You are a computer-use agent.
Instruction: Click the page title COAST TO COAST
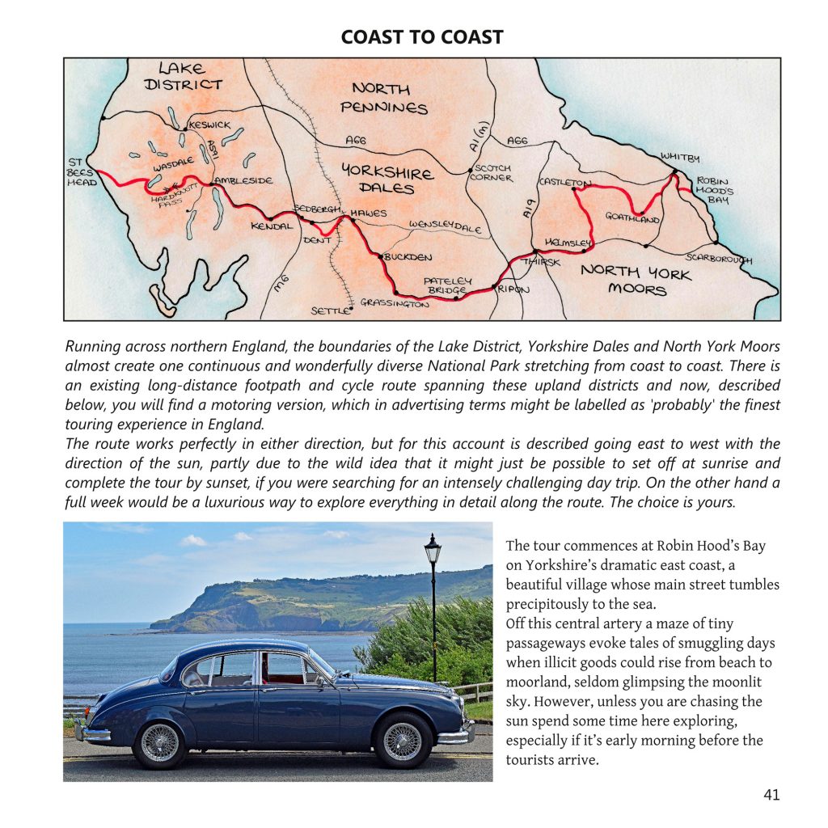click(x=421, y=37)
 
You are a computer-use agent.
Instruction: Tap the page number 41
click(x=771, y=795)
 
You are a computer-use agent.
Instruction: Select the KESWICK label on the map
click(x=209, y=125)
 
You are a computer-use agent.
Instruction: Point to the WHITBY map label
click(x=680, y=156)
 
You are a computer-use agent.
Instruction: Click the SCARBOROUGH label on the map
click(x=719, y=259)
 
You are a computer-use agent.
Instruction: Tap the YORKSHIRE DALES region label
click(x=388, y=180)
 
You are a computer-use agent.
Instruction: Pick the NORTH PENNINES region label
click(x=382, y=97)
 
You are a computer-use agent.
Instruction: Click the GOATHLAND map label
click(x=632, y=218)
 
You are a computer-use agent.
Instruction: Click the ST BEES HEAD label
click(x=81, y=172)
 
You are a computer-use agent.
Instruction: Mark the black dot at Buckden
click(x=380, y=256)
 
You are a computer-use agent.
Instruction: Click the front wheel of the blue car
click(x=402, y=740)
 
